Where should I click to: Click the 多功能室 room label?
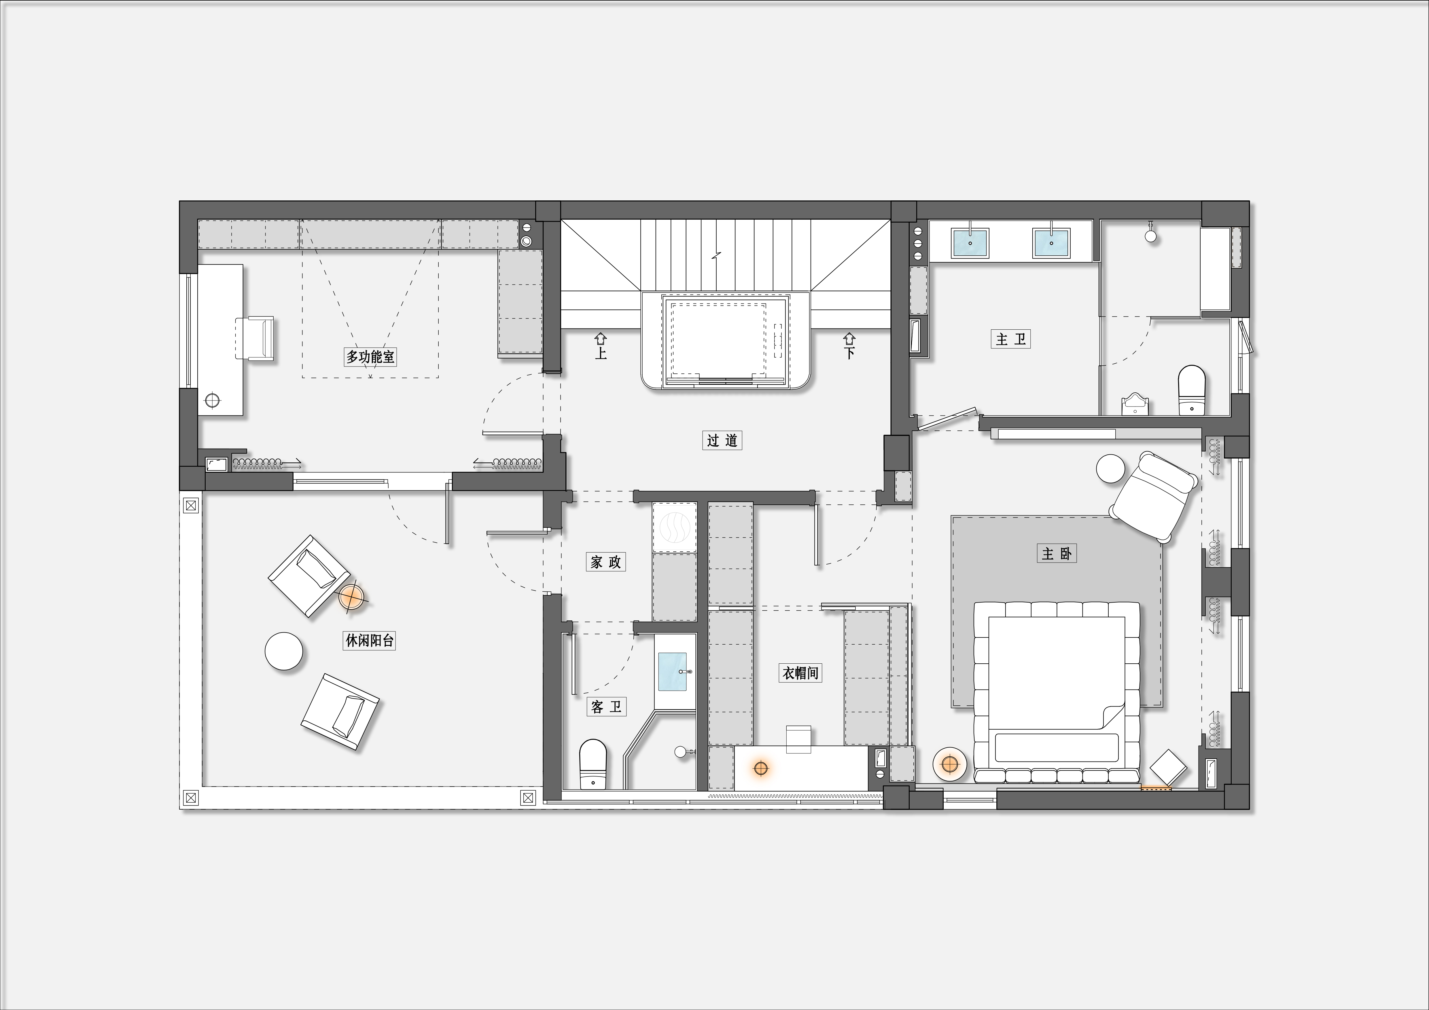370,357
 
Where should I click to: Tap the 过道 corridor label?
722,440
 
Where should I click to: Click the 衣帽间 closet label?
800,673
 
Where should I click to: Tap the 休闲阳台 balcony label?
369,641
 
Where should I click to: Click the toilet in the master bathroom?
1192,390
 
